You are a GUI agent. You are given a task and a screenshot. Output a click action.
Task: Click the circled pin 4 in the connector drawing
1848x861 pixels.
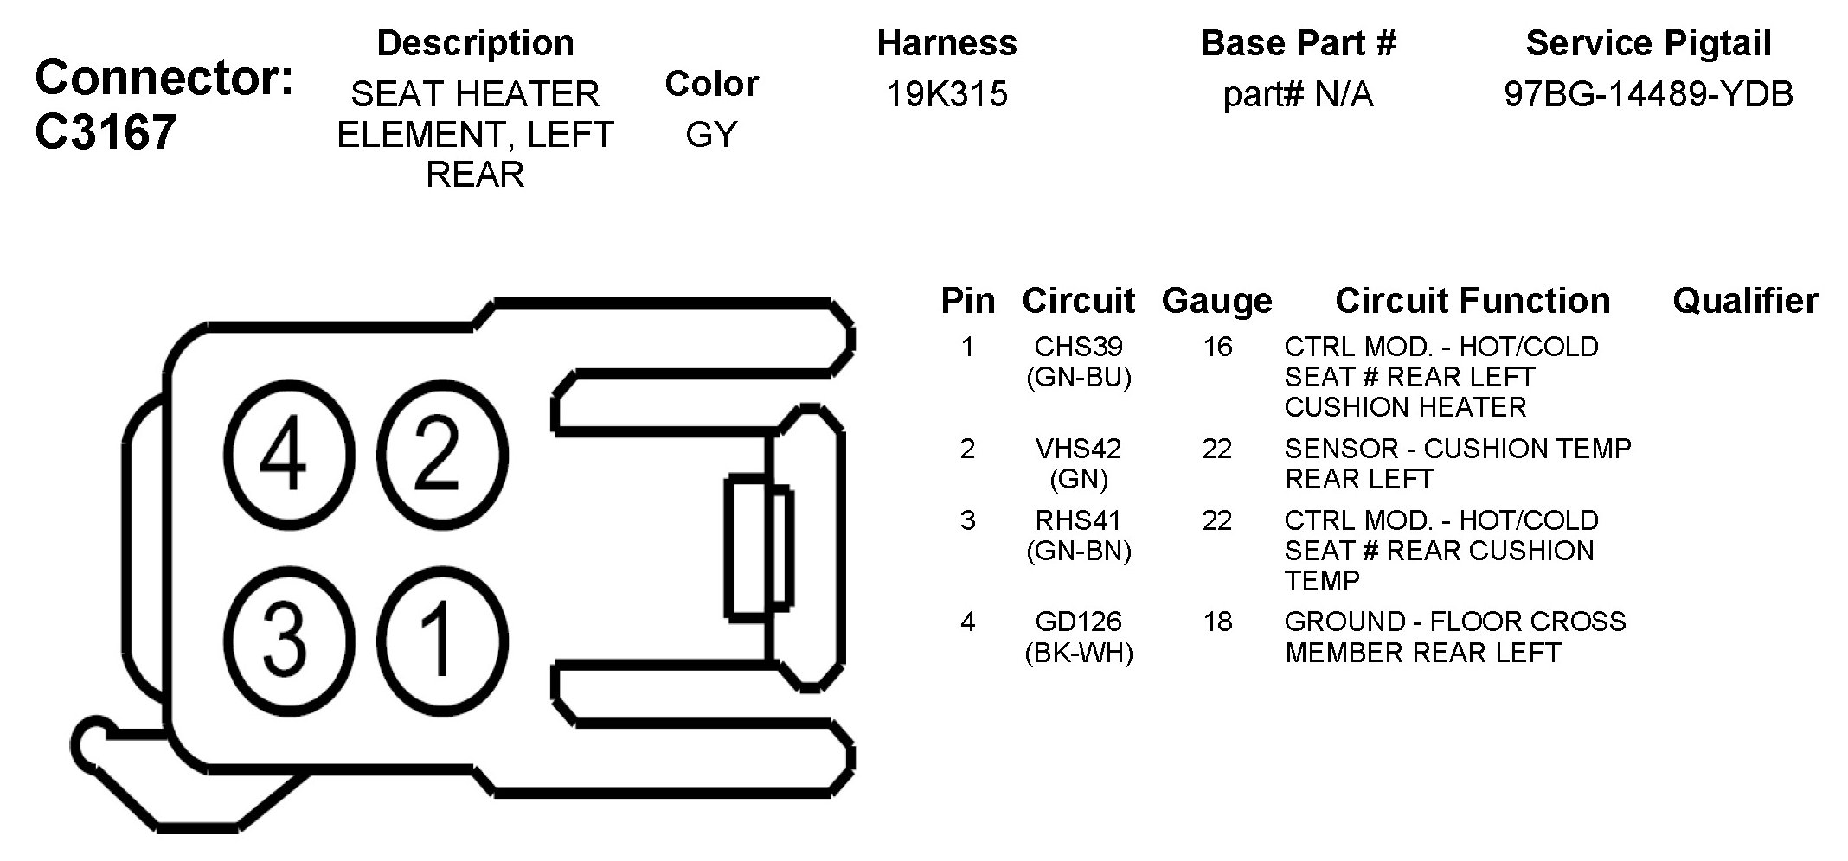(289, 456)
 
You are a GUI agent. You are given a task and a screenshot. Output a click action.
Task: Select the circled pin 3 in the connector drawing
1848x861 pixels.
(289, 641)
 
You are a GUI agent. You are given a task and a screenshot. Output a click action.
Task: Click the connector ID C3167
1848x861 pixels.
(106, 132)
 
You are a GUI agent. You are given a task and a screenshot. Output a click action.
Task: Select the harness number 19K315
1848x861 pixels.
(946, 93)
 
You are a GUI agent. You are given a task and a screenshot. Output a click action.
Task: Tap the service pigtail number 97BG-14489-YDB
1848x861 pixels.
(1648, 93)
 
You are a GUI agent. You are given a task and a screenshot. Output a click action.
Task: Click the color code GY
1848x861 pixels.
(711, 134)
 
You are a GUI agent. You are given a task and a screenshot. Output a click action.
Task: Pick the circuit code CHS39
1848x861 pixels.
(1079, 347)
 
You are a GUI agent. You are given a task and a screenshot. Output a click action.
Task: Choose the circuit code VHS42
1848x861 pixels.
(1079, 449)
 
